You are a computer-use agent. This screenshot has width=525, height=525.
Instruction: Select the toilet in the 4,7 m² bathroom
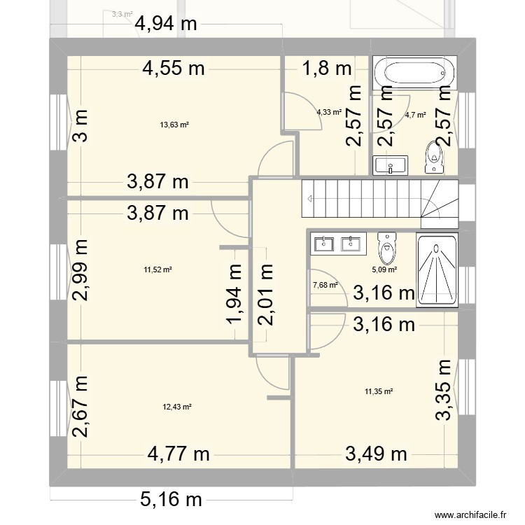point(435,157)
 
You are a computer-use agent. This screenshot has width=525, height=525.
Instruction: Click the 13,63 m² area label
point(175,125)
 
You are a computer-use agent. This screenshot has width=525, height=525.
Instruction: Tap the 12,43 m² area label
point(177,407)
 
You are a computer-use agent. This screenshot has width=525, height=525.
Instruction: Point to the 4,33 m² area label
point(329,111)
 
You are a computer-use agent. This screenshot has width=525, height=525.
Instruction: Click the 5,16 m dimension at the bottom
point(171,499)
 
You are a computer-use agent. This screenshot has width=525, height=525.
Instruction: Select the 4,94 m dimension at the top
point(167,24)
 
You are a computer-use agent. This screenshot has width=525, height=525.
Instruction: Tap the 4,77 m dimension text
point(178,454)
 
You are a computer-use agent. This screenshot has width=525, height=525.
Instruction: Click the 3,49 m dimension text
point(377,454)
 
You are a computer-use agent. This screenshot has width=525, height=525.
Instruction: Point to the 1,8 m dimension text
point(326,68)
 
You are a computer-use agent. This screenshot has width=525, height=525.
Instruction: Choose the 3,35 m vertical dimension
point(444,391)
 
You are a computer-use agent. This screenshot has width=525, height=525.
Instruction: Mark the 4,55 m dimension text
point(174,68)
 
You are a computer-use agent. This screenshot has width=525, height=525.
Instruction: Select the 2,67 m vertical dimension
point(80,407)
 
